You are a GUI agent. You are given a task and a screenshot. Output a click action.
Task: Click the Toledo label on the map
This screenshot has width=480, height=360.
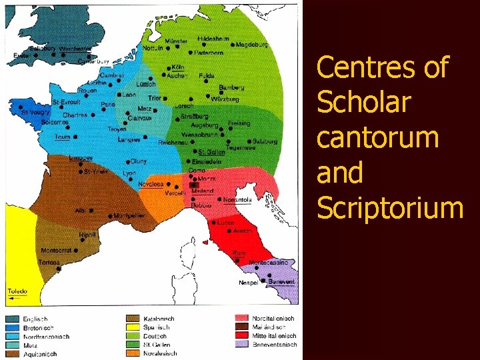[17, 291]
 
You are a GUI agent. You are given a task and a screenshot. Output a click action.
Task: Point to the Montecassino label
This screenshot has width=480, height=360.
[269, 263]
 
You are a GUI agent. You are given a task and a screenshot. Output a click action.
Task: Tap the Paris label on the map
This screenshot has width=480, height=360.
[107, 105]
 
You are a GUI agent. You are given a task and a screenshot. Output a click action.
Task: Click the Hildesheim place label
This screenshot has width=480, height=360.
[214, 39]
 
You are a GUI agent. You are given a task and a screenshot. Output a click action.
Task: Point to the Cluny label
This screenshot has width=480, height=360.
[139, 161]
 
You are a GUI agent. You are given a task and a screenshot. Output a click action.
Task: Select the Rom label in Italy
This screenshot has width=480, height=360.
[239, 254]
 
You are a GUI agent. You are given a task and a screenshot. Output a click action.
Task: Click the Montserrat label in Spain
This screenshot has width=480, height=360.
[57, 251]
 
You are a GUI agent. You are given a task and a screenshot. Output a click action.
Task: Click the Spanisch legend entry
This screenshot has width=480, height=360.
[157, 327]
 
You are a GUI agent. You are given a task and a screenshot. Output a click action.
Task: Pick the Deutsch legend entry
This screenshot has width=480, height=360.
[155, 336]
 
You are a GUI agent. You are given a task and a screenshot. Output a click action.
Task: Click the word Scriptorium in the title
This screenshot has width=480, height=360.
[390, 208]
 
